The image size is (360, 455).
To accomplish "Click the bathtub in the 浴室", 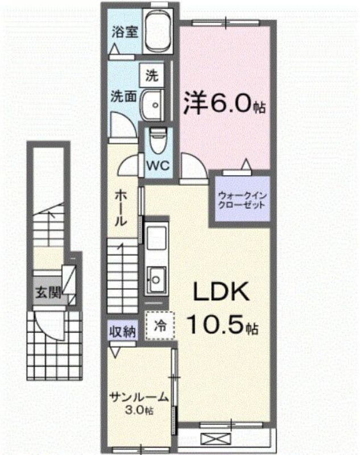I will point(156,31).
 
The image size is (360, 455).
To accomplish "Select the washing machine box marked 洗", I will point(151,75).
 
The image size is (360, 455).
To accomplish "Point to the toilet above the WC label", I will point(156,139).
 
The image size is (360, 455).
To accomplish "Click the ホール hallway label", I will point(121,208).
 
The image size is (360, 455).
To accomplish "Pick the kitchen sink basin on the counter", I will point(155,279).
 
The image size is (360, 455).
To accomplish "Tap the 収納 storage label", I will point(122,332).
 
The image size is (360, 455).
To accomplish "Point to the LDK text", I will point(222,292).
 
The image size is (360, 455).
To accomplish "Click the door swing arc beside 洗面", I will point(121,122).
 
